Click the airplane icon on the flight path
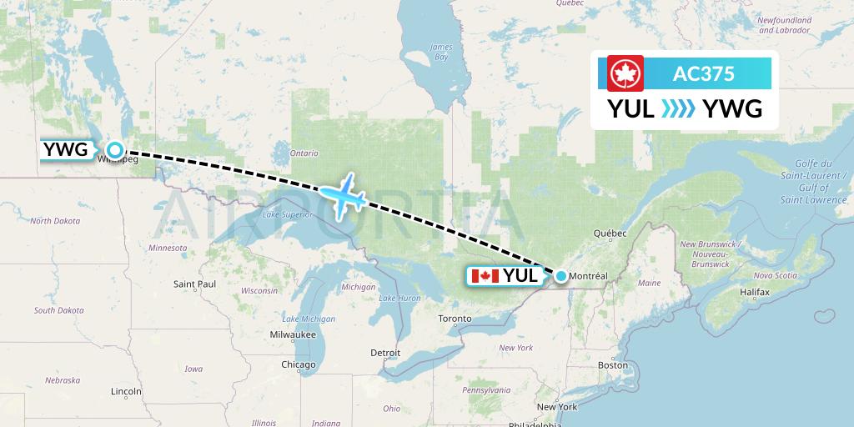(342, 196)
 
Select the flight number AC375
(703, 73)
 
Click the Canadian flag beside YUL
(484, 276)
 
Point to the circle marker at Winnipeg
(115, 150)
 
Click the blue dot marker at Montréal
(561, 276)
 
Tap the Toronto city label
(455, 319)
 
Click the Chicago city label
(298, 364)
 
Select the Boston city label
(612, 365)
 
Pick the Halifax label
(753, 293)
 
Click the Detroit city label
(385, 353)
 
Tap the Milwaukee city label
(292, 334)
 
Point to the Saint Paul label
(194, 284)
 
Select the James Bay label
(440, 53)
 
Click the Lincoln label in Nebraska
(125, 390)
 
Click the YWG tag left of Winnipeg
(65, 150)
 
